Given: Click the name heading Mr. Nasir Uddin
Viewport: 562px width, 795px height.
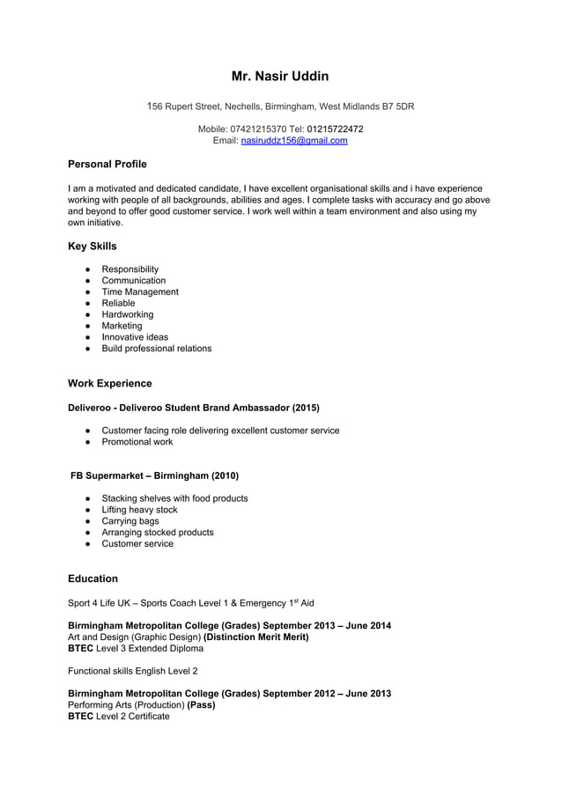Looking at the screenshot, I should coord(280,77).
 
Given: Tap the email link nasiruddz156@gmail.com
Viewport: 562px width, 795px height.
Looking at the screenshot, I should coord(294,141).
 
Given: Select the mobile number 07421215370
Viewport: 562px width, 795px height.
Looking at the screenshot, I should coord(258,129).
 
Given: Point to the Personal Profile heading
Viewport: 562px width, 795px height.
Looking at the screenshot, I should coord(107,165).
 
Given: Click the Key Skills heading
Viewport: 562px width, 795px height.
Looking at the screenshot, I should coord(92,247).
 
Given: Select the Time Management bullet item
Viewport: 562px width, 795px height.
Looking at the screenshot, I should coord(140,291).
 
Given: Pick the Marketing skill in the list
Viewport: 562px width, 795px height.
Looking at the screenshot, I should coord(122,326).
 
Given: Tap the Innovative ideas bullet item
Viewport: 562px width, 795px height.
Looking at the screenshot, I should coord(135,337).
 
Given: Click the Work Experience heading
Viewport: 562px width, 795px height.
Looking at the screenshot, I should coord(110,384).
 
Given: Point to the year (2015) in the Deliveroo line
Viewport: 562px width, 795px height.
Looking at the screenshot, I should coord(306,408).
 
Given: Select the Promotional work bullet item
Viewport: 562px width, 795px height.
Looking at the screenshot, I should coord(137,442).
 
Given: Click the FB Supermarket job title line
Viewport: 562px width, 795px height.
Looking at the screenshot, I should coord(154,475).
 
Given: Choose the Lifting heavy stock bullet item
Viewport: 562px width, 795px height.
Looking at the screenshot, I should coord(139,510).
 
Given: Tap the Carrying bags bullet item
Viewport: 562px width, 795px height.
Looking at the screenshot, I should coord(130,521).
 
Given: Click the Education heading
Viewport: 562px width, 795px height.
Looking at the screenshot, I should coord(92,578).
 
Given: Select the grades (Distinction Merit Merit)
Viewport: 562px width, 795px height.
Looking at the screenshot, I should coord(256,637).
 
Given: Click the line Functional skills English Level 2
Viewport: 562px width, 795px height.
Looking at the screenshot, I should coord(133,671).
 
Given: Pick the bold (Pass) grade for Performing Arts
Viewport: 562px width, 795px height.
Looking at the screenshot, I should coord(202,705).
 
